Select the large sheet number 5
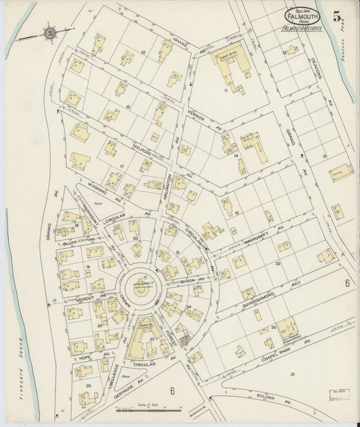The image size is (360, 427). click(337, 16)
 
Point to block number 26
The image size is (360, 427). click(88, 386)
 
